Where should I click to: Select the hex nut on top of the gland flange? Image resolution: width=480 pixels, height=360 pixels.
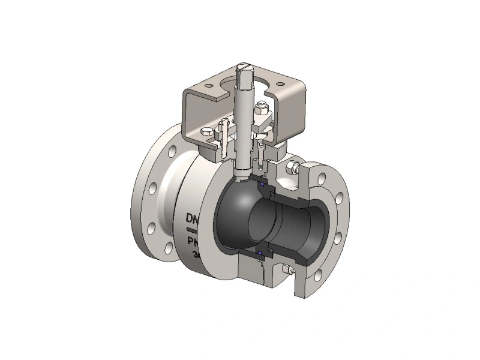point(260,109)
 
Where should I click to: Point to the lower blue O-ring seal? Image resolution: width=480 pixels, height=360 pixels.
point(260,254)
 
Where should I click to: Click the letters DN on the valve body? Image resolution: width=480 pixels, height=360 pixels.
point(193,217)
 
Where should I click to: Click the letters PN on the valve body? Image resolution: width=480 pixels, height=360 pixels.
point(192,242)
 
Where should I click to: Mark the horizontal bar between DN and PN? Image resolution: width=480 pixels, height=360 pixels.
point(191,229)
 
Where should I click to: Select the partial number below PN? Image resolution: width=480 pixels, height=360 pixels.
point(197,254)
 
